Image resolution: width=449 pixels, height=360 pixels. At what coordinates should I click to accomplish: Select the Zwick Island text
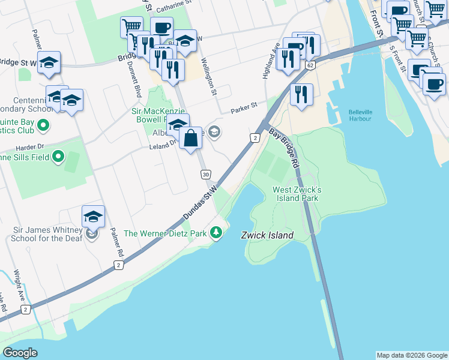coord(267,235)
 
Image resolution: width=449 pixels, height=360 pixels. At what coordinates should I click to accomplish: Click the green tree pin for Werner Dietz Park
coord(217,233)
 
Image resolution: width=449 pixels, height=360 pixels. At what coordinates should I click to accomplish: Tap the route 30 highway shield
coord(205,174)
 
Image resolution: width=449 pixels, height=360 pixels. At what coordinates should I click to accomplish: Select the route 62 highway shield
coord(310,65)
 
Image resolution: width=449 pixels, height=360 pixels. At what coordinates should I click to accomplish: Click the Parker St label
coord(244,107)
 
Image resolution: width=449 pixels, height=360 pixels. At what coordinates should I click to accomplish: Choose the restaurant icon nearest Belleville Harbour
coord(300,94)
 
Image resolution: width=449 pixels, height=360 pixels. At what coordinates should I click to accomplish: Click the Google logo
coord(20,353)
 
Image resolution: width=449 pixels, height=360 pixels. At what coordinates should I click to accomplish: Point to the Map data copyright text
coord(411,355)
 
